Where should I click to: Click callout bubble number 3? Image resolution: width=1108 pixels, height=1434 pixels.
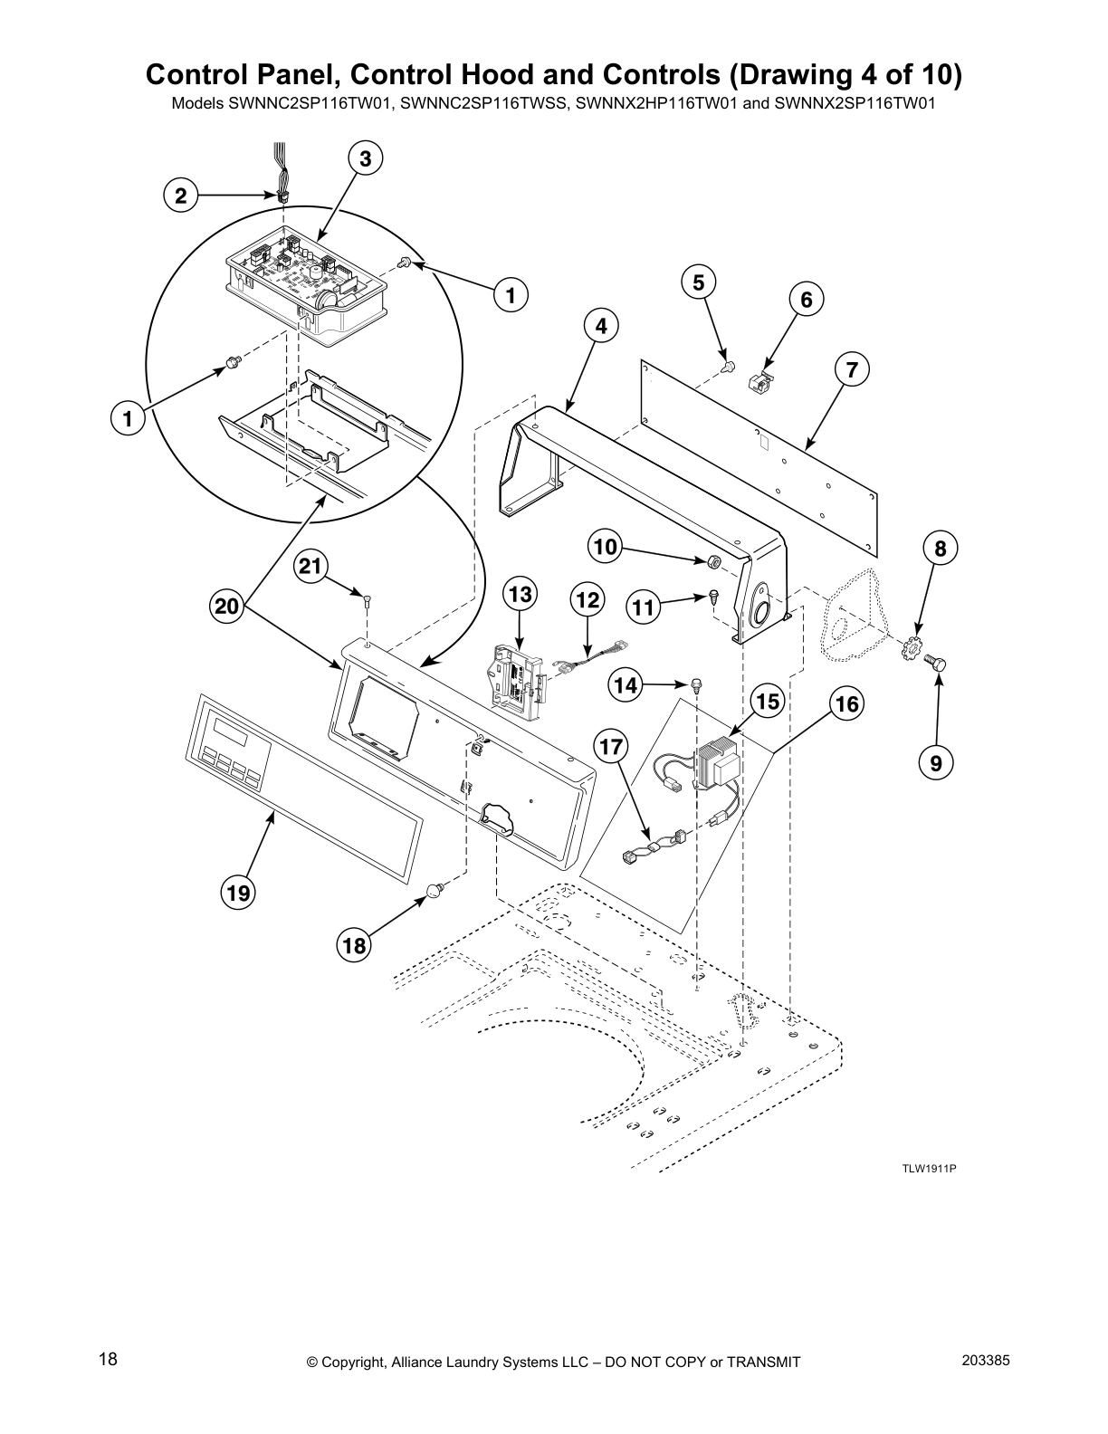364,159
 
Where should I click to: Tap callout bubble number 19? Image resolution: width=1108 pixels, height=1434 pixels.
238,894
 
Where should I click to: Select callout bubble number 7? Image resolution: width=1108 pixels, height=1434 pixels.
851,369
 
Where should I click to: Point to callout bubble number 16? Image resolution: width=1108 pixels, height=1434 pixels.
847,703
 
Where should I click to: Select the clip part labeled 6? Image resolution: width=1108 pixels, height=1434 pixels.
760,380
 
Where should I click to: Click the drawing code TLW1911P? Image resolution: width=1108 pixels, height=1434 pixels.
929,1168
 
